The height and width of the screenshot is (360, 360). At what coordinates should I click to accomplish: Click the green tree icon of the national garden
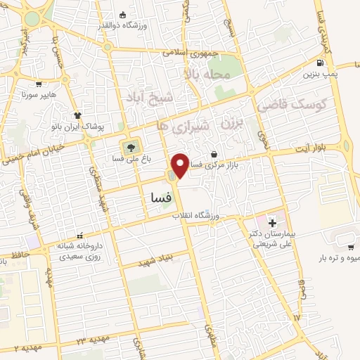[x=129, y=147]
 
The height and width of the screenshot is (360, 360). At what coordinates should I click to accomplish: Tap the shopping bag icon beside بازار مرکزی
[x=214, y=154]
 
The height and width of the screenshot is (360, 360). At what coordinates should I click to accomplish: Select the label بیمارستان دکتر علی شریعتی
[x=275, y=239]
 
